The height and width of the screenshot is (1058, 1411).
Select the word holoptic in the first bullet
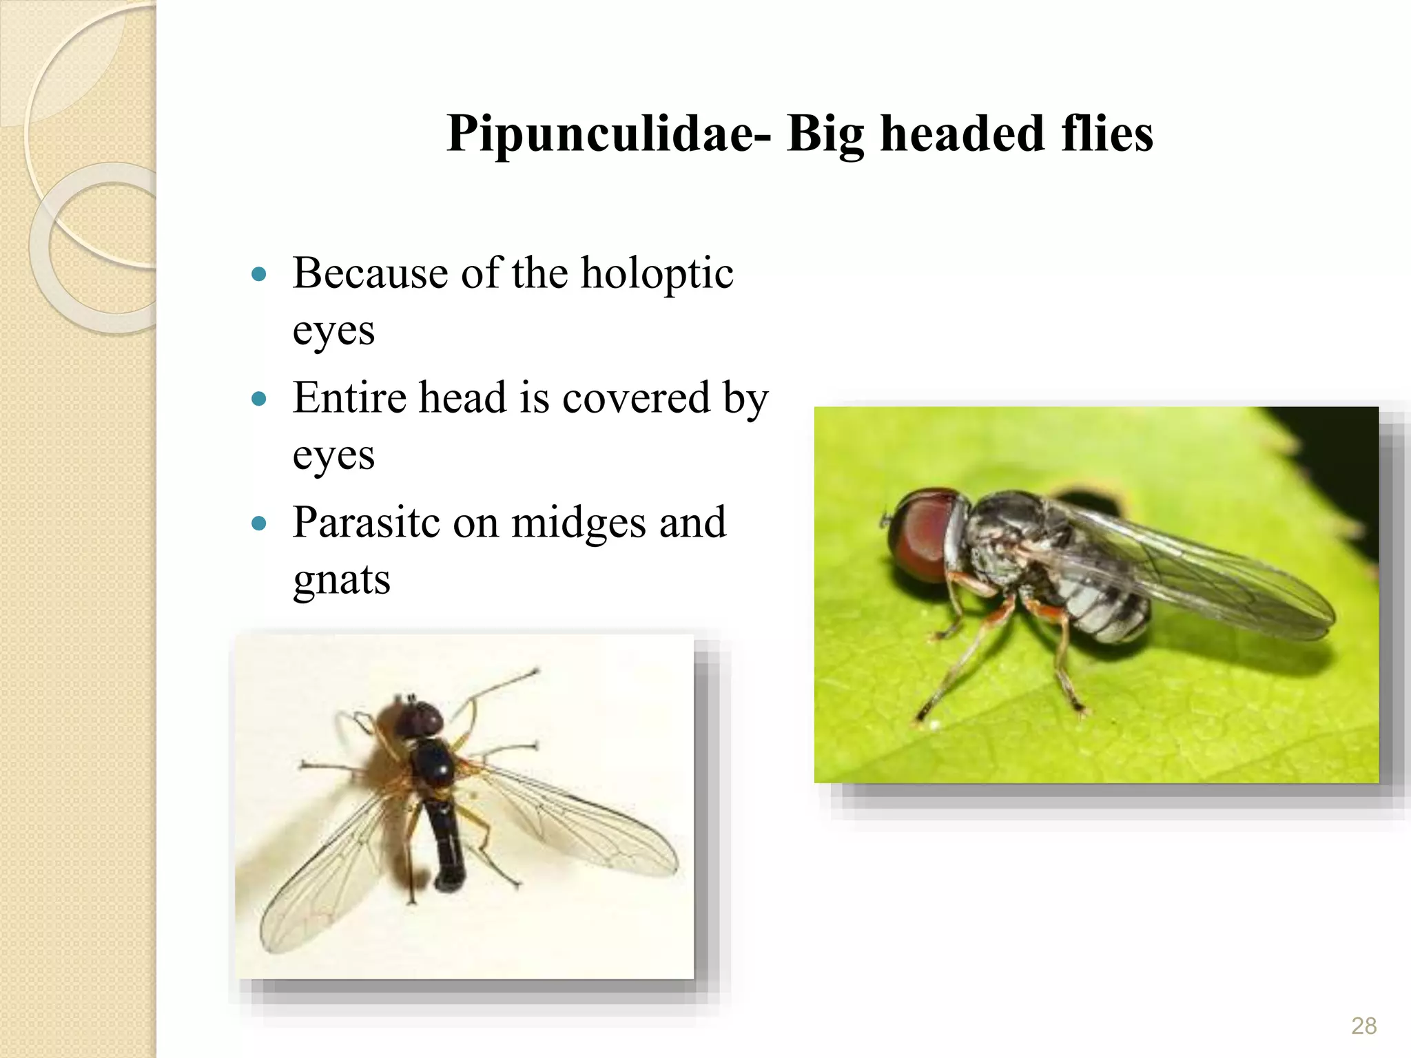point(657,274)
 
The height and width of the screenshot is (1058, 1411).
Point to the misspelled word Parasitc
point(366,523)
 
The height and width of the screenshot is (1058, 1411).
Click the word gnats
point(341,579)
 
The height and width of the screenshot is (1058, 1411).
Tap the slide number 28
point(1363,1026)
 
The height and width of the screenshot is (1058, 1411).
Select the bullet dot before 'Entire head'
point(259,400)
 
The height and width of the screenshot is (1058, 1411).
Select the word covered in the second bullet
point(636,398)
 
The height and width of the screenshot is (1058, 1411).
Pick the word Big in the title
point(825,134)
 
